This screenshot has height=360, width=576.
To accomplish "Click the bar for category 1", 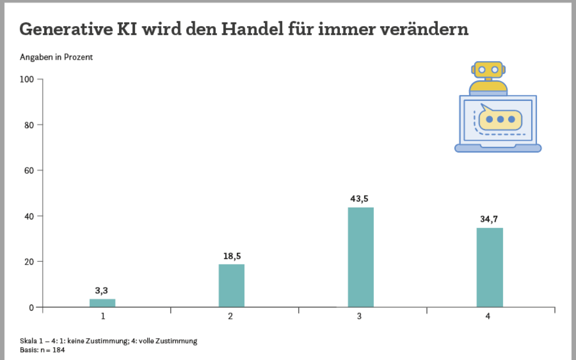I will pos(102,303).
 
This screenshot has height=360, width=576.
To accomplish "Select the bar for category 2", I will pos(231,286).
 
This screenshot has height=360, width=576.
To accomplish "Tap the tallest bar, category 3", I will pos(361,257).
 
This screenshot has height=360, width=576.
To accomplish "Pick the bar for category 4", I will pos(490,267).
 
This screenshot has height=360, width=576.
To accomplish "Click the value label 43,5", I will pos(359,198).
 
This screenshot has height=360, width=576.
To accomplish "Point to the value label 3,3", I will pos(101,291).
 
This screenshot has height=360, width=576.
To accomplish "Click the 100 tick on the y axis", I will pos(27,79).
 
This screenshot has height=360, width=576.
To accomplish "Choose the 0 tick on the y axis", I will pos(31,307).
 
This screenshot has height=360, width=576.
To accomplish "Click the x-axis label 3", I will pos(359,316).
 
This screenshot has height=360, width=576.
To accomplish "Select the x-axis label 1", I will pos(102,316).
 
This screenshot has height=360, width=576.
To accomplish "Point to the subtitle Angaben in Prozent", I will pos(56,57).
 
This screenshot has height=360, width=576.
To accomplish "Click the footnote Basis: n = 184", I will pos(42,350).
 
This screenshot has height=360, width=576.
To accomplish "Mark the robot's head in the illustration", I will pos(488,69).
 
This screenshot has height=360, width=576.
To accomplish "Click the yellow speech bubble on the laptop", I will pos(500,119).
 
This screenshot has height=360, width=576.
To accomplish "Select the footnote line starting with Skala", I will pos(108,341).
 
